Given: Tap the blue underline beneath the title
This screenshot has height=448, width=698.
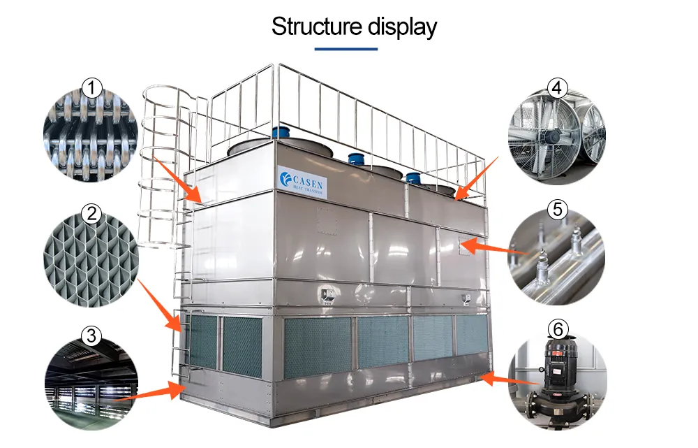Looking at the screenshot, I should tap(346, 49).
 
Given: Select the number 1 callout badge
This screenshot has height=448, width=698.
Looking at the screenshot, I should tap(92, 88).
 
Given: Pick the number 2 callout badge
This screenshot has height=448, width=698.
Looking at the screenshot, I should tap(92, 213).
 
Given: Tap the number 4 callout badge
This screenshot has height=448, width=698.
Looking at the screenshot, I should tap(556, 88).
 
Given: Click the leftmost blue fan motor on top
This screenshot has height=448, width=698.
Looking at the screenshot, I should tap(280, 132).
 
